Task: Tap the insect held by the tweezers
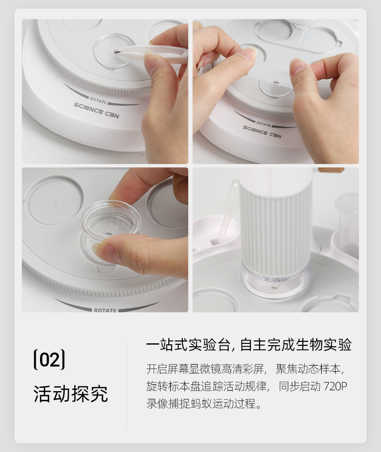tap(116, 52)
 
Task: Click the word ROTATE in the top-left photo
tap(98, 100)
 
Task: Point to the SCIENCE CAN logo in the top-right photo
tap(262, 132)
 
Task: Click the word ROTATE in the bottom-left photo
tap(105, 310)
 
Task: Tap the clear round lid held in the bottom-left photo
tap(111, 220)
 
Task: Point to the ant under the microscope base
tap(273, 287)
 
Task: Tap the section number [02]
tap(49, 359)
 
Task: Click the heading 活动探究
tap(70, 394)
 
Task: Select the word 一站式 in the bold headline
tap(167, 345)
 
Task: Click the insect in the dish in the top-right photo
tap(275, 83)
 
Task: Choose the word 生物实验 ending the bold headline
tap(324, 345)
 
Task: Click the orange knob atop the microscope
tap(331, 170)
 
